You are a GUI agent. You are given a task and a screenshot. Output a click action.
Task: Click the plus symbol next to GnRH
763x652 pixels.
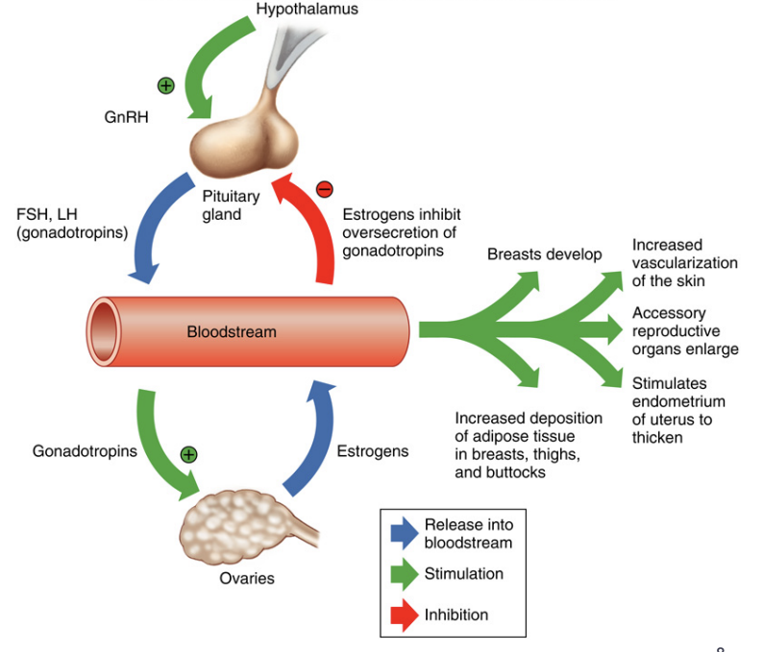pos(166,85)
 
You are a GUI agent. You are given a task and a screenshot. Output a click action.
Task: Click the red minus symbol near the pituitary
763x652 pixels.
pos(324,188)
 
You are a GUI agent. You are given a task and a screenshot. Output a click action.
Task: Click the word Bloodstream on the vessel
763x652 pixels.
pos(232,332)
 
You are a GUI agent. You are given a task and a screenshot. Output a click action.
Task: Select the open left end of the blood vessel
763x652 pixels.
pos(101,332)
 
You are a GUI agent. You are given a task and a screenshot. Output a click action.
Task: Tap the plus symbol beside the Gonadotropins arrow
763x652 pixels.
pos(188,454)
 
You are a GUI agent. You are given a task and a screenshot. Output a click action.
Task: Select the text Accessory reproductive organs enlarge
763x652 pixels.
pos(684,330)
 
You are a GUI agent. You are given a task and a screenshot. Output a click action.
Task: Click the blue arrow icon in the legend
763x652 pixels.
pos(401,534)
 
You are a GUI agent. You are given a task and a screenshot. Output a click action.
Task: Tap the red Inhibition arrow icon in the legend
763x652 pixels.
pos(401,615)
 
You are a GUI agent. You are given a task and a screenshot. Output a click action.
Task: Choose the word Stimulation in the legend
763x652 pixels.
pos(463,574)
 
